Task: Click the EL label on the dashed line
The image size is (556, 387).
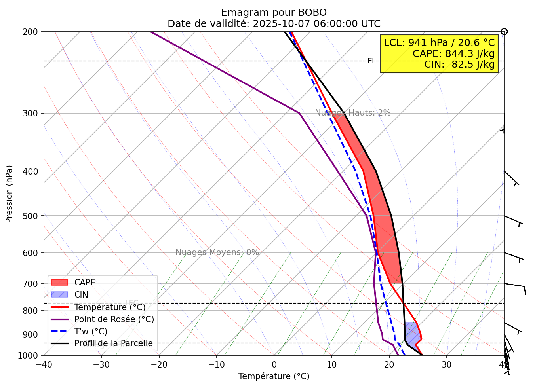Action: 371,61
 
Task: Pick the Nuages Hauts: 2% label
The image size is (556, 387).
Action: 352,113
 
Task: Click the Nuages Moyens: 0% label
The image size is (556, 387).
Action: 217,252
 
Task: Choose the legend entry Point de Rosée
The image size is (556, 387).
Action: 114,319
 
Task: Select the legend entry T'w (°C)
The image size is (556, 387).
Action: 91,332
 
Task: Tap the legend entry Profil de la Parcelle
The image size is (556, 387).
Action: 113,343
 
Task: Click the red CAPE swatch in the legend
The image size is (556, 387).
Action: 60,283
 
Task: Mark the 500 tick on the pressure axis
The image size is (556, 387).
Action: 32,216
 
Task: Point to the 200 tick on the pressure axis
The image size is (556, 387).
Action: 32,32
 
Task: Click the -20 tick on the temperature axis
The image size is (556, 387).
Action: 159,364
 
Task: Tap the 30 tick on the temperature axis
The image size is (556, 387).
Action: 447,364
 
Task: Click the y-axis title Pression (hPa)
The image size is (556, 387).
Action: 9,194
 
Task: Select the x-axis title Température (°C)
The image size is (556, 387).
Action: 274,376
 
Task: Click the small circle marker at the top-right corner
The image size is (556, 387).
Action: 504,32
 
